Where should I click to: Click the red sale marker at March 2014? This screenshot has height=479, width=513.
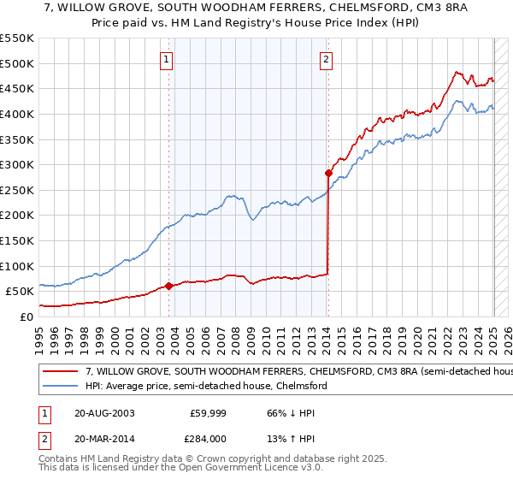pos(328,173)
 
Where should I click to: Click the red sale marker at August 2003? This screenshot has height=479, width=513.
pos(168,286)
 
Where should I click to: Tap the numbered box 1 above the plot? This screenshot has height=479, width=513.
pos(166,60)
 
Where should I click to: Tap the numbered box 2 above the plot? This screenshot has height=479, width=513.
pos(327,60)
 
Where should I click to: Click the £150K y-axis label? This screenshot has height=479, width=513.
pos(18,240)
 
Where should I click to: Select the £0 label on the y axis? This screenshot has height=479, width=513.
pos(27,316)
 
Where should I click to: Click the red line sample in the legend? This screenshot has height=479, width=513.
pos(62,372)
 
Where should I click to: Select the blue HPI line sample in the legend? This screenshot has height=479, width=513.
pos(62,386)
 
